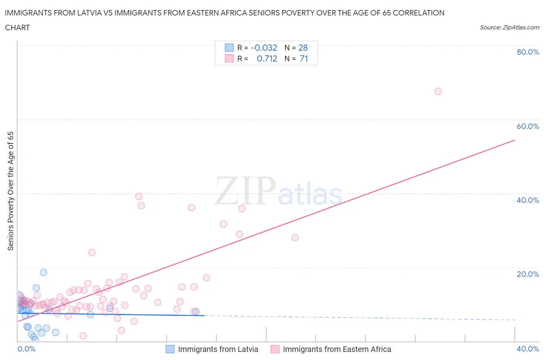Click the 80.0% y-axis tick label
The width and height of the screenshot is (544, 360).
(527, 52)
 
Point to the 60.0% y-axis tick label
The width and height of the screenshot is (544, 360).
(527, 126)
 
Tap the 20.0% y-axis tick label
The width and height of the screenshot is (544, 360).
(527, 274)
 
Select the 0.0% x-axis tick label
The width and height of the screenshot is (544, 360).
(26, 349)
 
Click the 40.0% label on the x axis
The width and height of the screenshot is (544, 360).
(527, 349)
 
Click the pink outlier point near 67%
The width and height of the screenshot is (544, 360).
(438, 91)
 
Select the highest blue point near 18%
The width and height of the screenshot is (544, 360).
(43, 272)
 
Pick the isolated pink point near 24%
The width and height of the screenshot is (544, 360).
(92, 252)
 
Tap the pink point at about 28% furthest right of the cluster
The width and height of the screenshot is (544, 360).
(295, 238)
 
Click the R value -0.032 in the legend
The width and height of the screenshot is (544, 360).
(264, 48)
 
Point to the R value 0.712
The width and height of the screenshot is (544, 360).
(267, 58)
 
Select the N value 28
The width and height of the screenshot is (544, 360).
(303, 48)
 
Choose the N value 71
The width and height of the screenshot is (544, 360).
(304, 58)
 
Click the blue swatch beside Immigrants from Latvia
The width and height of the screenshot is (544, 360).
(170, 349)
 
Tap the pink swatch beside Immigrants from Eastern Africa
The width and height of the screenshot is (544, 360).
(275, 349)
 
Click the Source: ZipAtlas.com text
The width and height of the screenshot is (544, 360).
(509, 27)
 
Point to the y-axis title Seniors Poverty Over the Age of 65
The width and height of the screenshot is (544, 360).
(11, 191)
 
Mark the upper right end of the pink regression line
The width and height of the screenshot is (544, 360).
(515, 140)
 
